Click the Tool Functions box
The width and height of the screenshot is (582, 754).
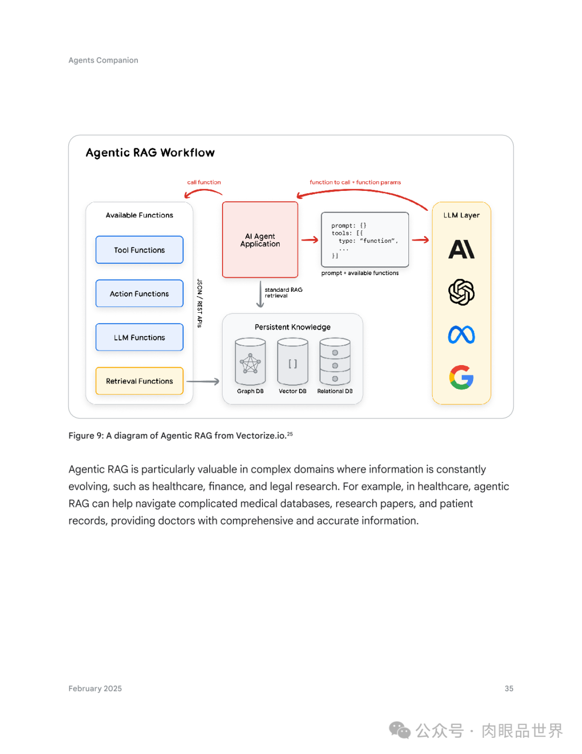[x=140, y=250]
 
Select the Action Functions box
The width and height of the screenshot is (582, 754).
[x=140, y=293]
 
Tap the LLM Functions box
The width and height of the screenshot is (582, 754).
[x=140, y=337]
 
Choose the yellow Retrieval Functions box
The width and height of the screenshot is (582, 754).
[x=140, y=381]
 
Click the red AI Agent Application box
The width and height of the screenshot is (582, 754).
[x=260, y=240]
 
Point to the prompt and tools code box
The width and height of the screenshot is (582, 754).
[x=365, y=240]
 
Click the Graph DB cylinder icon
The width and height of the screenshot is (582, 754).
[x=251, y=361]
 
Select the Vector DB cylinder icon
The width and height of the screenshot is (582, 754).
[x=293, y=361]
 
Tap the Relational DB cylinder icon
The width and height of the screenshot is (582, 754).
[x=335, y=361]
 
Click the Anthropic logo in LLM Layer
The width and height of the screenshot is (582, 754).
[x=462, y=249]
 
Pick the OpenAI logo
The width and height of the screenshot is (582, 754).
[x=462, y=292]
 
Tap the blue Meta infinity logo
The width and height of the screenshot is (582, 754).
[x=462, y=335]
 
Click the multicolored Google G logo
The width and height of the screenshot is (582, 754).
[x=462, y=378]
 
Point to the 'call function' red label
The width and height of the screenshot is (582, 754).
[x=204, y=182]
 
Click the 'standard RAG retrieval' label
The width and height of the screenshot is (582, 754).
[x=283, y=293]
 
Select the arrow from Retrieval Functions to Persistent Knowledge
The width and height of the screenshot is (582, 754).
[x=203, y=381]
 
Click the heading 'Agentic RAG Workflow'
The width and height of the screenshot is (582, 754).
[x=150, y=153]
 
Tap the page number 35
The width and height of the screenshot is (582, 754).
[x=509, y=689]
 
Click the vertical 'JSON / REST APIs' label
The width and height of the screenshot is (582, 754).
[x=200, y=303]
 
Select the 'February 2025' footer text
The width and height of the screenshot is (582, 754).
[x=95, y=689]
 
